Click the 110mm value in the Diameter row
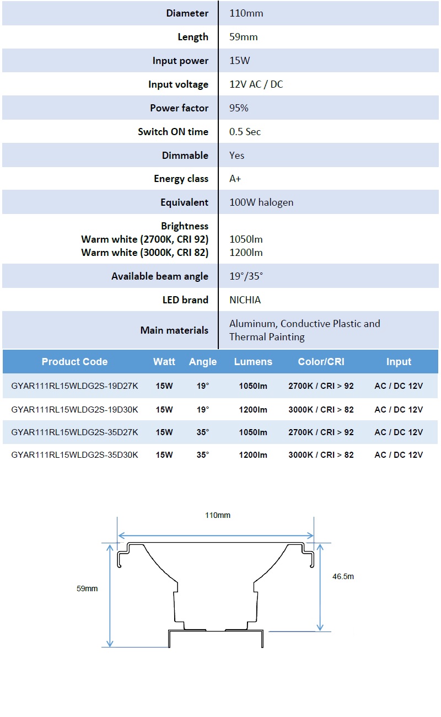[246, 13]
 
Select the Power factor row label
[179, 108]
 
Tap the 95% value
[239, 108]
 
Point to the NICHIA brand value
[245, 300]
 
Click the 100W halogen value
[261, 202]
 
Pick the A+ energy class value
[235, 179]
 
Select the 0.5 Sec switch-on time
[245, 132]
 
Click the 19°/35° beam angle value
[246, 276]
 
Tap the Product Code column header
[74, 362]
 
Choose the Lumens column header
[253, 362]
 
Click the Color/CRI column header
[321, 362]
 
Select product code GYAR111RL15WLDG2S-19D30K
[74, 409]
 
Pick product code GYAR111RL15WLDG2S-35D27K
[74, 432]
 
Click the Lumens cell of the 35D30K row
[253, 455]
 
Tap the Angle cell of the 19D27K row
[203, 386]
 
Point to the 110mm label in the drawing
[218, 515]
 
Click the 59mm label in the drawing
[87, 588]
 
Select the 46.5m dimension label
[343, 576]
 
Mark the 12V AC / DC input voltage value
[256, 84]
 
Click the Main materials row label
[174, 330]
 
